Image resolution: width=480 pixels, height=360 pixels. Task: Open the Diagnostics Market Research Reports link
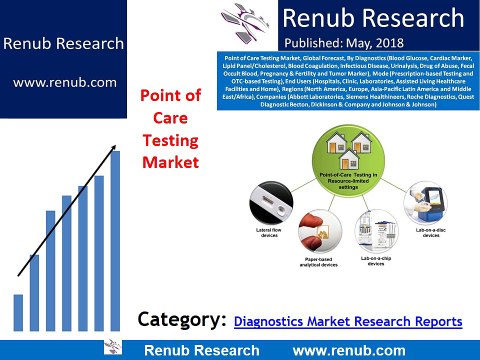348,321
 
